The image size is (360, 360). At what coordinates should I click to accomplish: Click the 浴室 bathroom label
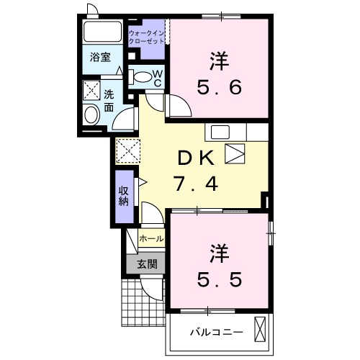(x=100, y=57)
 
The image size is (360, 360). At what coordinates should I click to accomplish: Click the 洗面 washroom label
(x=108, y=101)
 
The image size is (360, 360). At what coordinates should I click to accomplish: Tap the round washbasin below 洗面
(x=91, y=114)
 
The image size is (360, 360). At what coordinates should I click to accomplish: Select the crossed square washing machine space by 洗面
(x=91, y=89)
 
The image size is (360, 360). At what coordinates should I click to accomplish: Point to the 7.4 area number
(x=194, y=184)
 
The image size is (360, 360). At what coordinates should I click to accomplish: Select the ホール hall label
(x=150, y=238)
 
